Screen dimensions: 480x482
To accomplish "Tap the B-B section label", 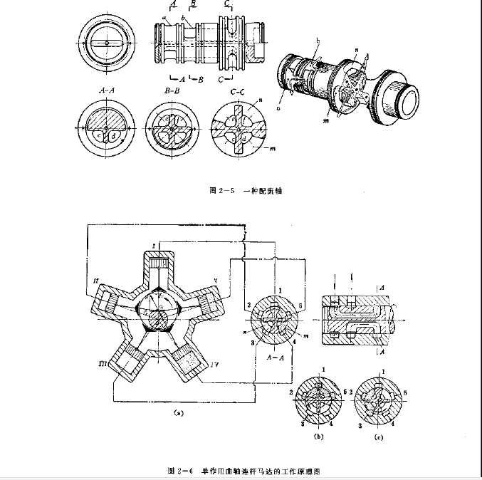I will pyautogui.click(x=174, y=91).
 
